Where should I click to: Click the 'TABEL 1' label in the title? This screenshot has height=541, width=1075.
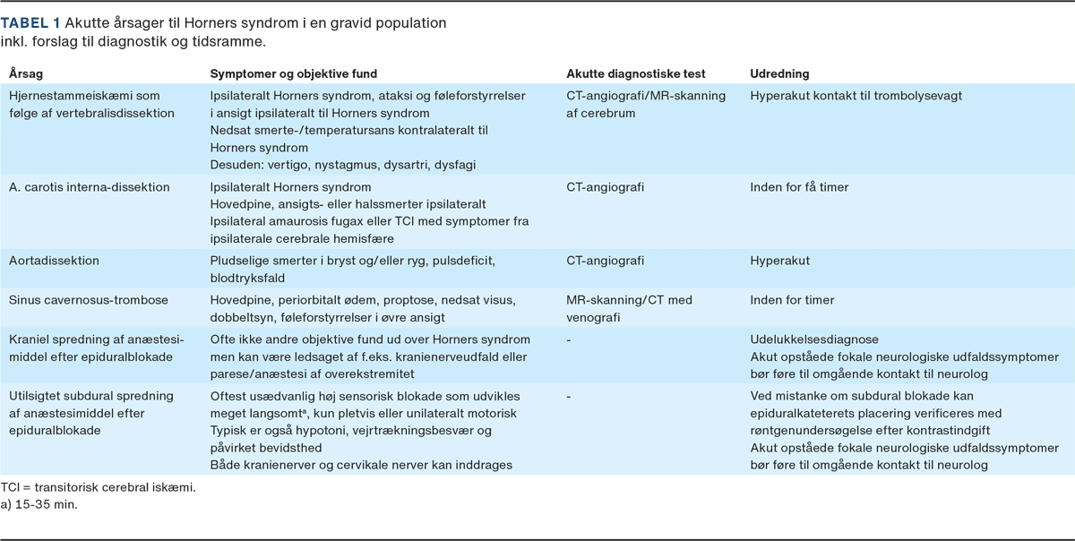[30, 22]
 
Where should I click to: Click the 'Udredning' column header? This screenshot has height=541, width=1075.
[779, 73]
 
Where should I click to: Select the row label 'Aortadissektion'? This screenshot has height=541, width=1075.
[54, 260]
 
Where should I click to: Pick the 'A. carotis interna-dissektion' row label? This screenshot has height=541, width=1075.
[90, 187]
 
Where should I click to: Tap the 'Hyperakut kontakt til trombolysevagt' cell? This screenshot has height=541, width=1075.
[856, 95]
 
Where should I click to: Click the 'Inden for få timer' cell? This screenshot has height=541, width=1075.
[799, 187]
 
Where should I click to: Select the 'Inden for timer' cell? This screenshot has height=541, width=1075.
[792, 299]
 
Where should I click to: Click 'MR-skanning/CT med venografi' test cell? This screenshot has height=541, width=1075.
[629, 307]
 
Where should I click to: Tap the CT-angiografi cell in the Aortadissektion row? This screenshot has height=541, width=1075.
[606, 260]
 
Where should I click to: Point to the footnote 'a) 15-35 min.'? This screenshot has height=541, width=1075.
[39, 504]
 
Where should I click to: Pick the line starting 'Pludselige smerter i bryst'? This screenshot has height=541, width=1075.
[351, 260]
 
